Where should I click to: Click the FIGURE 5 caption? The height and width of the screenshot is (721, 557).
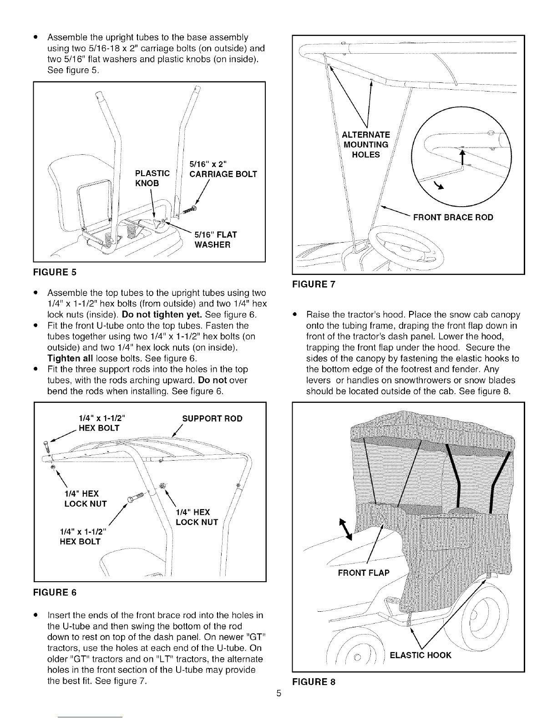55,272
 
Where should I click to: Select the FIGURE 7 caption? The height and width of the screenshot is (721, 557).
314,284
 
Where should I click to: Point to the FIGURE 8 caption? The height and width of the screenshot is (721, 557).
314,682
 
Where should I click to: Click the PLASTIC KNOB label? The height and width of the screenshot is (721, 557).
152,178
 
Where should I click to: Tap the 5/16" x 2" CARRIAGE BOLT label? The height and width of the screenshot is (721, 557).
223,169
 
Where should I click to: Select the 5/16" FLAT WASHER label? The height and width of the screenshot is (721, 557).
215,239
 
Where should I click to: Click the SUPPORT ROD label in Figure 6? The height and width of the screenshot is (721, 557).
213,418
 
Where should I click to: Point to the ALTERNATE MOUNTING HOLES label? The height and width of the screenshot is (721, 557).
366,145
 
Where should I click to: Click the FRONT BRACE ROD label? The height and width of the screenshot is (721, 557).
453,217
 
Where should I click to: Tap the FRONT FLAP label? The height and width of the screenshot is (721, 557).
364,573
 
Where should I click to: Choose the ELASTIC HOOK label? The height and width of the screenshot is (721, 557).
420,655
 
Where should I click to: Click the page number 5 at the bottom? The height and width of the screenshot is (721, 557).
278,693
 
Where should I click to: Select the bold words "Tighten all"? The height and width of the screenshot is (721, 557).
70,358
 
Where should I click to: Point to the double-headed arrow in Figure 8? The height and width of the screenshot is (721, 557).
345,529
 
